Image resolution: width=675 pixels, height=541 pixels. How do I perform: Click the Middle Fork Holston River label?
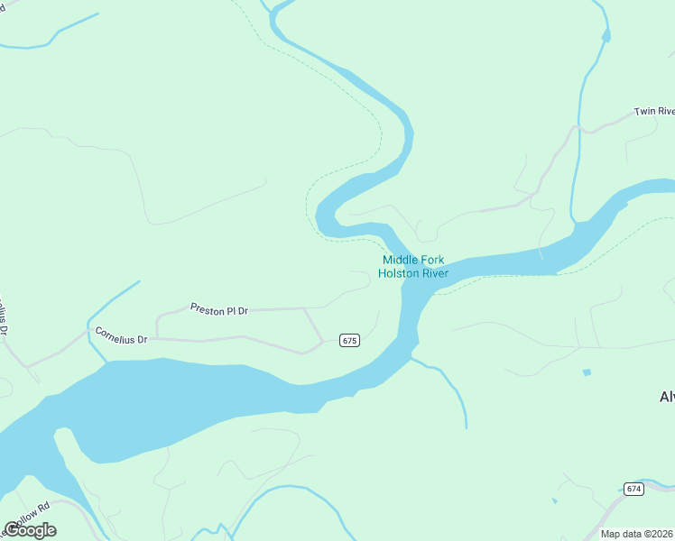413,267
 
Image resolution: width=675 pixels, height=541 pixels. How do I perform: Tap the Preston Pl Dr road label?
218,309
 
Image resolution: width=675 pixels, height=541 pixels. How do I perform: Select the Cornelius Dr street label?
121,335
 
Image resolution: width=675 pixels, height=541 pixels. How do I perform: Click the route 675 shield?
350,340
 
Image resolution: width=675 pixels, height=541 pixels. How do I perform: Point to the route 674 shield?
633,489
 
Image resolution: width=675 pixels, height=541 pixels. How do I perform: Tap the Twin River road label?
654,112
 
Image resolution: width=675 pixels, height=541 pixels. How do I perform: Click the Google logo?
30,530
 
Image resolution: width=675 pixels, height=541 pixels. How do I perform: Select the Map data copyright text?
637,534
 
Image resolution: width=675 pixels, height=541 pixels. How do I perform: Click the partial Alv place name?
667,397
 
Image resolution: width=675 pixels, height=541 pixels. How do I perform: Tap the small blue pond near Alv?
587,372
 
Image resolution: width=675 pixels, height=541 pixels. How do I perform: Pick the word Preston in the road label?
207,308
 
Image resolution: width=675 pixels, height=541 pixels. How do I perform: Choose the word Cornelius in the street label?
116,335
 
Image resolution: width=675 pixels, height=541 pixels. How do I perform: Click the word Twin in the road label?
643,112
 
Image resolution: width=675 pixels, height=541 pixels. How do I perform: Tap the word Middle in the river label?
400,261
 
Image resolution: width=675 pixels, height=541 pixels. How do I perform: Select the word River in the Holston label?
434,273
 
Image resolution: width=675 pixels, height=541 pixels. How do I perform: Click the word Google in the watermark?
30,530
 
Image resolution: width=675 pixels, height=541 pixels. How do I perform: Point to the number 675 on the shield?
350,340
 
